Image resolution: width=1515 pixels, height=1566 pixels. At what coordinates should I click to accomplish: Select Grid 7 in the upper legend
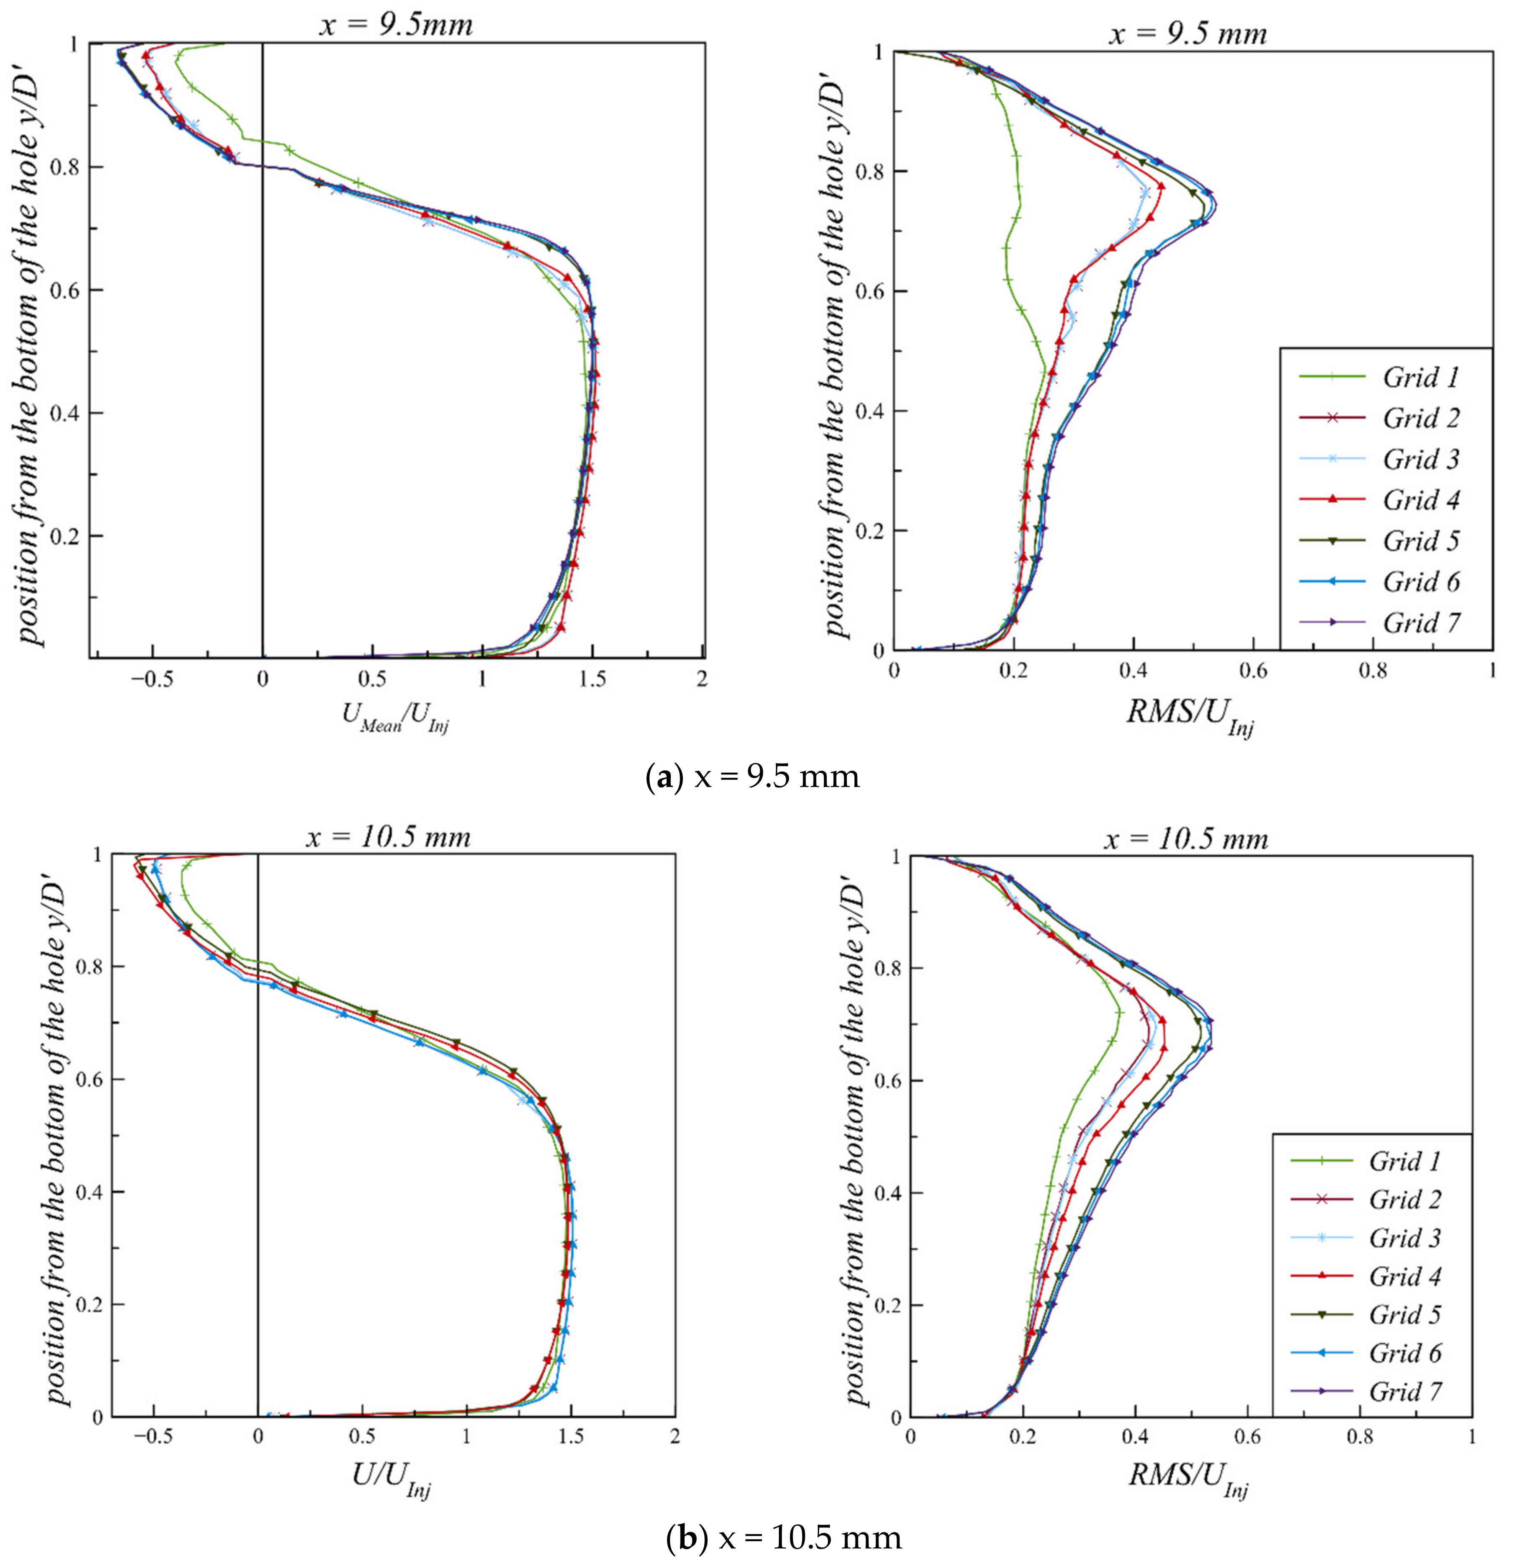1420,622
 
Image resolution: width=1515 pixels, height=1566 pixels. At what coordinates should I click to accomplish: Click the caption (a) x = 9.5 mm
752,776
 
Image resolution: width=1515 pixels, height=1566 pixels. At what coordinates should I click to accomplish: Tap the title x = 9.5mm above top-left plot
396,24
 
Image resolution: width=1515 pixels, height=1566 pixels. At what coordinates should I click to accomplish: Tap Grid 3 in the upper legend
1420,459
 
